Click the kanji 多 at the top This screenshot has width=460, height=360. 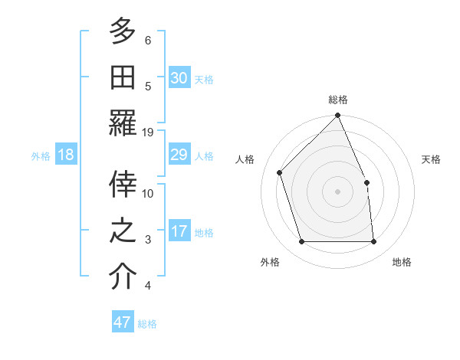coord(123,31)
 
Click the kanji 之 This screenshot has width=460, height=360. coord(123,231)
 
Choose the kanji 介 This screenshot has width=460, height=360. coord(123,277)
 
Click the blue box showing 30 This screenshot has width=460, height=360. coord(179,78)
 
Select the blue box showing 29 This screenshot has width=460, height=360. coord(179,155)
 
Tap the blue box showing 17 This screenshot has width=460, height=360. coord(179,232)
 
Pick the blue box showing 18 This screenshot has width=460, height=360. coord(65,155)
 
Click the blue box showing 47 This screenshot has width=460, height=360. coord(123,322)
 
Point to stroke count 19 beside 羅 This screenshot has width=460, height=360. coord(148,132)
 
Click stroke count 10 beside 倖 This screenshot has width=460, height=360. coord(148,194)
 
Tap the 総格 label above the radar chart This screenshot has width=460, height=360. coord(338,100)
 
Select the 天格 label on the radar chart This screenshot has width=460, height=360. coord(432,159)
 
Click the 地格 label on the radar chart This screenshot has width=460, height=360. coord(402,262)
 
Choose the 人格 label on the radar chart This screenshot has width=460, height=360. coord(245,159)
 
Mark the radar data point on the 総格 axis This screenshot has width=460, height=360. coord(338,116)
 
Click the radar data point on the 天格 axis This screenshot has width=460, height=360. coord(366,182)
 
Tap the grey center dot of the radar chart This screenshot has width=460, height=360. coord(338,191)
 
